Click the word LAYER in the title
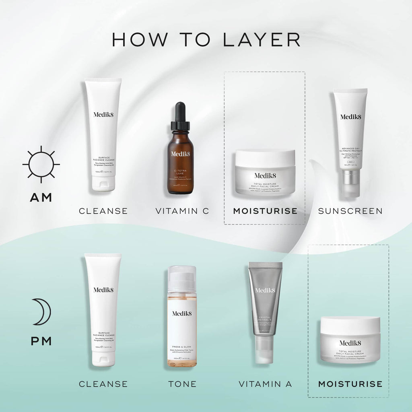(x=261, y=40)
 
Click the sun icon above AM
(x=41, y=164)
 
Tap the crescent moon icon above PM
(x=42, y=312)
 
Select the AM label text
(x=41, y=197)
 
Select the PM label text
(x=41, y=341)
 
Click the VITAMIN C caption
(x=182, y=211)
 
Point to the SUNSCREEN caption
(x=350, y=211)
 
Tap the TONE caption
(x=182, y=384)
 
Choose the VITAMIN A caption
(x=265, y=384)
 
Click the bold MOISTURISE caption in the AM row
(x=265, y=211)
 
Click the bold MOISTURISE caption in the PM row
(x=350, y=384)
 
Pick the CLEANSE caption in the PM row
(x=103, y=384)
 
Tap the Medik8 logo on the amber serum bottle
(x=180, y=154)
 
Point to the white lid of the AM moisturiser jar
(x=265, y=157)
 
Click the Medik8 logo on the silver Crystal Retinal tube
(x=265, y=290)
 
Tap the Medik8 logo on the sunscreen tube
(x=350, y=117)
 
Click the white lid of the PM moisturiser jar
(x=350, y=325)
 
